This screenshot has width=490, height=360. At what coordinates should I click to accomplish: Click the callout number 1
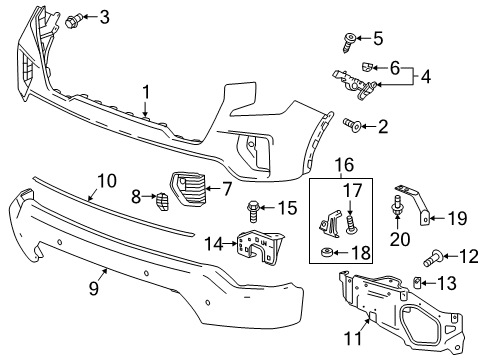point(146,92)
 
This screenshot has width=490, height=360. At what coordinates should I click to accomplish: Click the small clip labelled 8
point(158,198)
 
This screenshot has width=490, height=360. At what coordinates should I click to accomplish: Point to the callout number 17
point(352,189)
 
